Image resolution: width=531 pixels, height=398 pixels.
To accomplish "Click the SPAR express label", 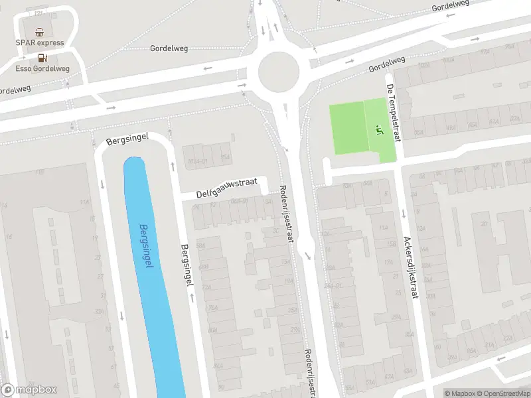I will (40, 43).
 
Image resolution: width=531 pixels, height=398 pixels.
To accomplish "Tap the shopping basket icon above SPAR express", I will (40, 32).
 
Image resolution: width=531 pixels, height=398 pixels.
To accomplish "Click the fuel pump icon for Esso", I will (40, 58).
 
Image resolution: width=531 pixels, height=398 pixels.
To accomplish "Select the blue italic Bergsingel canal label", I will (147, 246).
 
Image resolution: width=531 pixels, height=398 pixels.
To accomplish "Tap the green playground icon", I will (380, 129).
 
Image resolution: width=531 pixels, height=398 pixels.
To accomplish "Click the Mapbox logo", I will (29, 390).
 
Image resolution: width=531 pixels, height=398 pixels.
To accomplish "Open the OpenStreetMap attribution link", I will (503, 393).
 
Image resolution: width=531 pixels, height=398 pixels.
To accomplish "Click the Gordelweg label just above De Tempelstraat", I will (387, 64).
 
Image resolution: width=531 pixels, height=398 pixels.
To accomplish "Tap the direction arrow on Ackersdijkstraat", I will (404, 214).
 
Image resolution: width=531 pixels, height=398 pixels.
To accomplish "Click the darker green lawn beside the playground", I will (348, 128).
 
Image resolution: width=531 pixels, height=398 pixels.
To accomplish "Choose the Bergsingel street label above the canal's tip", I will (127, 140).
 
